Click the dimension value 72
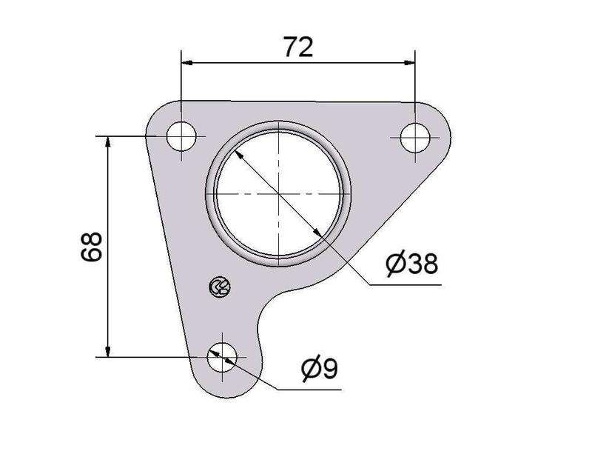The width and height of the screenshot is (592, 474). click(x=297, y=47)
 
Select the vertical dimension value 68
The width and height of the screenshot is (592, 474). click(x=92, y=247)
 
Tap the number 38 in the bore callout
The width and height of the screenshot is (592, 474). click(x=421, y=262)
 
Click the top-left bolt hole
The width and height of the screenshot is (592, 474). click(x=182, y=137)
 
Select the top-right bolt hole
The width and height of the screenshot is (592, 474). click(x=415, y=137)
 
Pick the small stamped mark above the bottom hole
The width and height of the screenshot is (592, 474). click(x=220, y=286)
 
